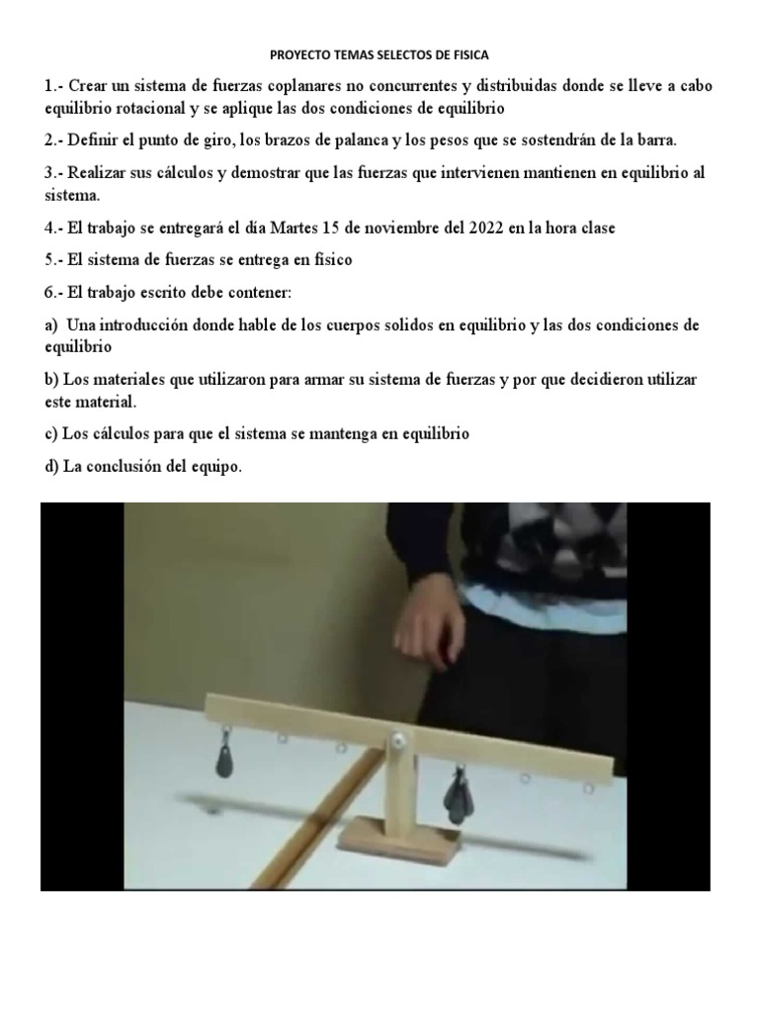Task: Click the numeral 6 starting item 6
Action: click(49, 293)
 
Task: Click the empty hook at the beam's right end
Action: click(590, 789)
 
